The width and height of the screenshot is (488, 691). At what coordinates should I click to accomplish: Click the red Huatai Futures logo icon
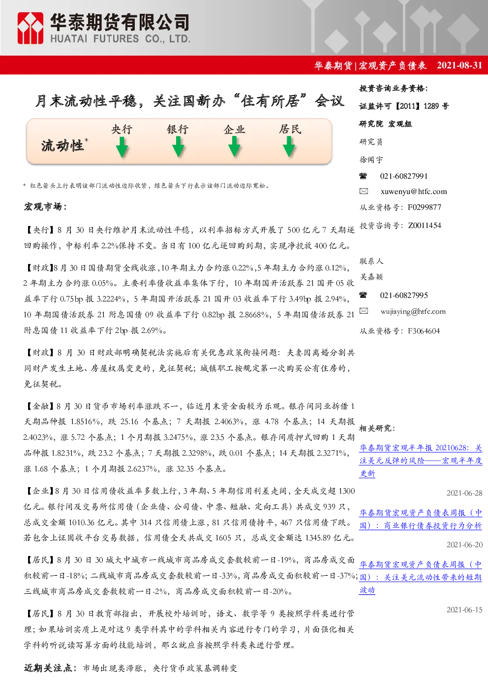[x=30, y=28]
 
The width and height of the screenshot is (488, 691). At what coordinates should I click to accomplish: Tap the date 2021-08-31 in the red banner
[x=459, y=65]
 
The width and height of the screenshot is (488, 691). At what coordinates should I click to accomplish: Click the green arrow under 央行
[x=122, y=147]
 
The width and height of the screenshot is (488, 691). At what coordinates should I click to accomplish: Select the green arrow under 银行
[x=178, y=147]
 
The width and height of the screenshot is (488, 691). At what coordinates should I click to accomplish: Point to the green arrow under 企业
[x=234, y=147]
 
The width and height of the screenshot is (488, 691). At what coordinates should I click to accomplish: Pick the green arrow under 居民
[x=289, y=147]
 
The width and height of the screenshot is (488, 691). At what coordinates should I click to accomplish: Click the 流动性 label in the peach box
[x=62, y=146]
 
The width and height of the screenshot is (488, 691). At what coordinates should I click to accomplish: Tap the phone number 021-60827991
[x=403, y=176]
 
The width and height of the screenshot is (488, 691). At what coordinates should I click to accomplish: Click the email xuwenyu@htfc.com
[x=413, y=192]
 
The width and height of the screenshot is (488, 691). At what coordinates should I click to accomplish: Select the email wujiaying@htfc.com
[x=413, y=312]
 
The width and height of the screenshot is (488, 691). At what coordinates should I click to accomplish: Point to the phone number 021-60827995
[x=403, y=296]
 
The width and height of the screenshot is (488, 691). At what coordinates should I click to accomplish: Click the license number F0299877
[x=424, y=207]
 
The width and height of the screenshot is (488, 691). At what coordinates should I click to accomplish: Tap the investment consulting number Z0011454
[x=424, y=226]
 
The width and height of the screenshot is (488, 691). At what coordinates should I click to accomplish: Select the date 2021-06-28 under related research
[x=464, y=493]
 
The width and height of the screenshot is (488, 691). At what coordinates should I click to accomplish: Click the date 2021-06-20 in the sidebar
[x=464, y=545]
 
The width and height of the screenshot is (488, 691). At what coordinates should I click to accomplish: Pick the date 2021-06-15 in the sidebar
[x=464, y=610]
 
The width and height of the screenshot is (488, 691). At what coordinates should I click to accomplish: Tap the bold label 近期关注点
[x=48, y=668]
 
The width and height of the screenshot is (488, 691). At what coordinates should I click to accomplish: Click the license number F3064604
[x=424, y=331]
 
